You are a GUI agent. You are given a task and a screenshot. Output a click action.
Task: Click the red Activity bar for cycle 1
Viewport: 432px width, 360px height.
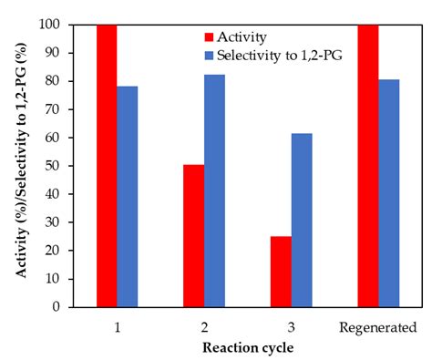(x=107, y=165)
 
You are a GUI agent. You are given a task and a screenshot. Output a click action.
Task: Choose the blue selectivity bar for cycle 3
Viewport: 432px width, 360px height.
(x=302, y=220)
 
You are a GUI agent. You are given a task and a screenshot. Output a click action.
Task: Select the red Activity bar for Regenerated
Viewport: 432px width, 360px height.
(x=367, y=165)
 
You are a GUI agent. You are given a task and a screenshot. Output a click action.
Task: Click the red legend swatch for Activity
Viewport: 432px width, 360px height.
(x=208, y=38)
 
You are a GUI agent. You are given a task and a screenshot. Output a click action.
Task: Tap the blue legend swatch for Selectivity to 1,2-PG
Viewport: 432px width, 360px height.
(x=208, y=57)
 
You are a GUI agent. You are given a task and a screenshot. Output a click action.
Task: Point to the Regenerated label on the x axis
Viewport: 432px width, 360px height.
(x=378, y=326)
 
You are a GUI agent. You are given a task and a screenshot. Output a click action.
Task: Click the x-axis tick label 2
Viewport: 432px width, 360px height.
(x=204, y=326)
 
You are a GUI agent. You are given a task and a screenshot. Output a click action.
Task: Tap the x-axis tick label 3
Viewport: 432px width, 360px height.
(x=291, y=326)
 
